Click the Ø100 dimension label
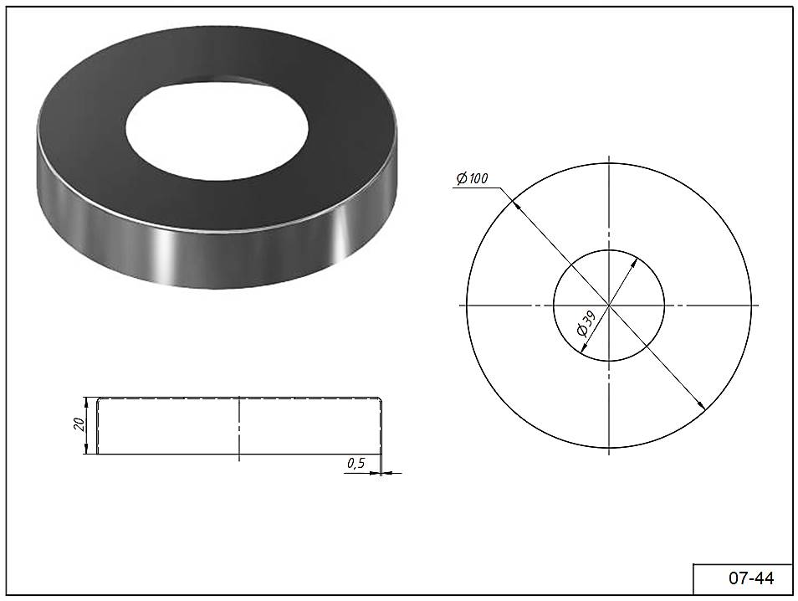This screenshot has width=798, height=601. coord(472,178)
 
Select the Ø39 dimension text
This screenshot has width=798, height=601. coord(586,324)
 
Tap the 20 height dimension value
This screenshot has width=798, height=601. coord(79,424)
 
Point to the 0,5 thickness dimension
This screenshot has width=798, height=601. coord(356,463)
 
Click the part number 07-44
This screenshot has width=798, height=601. coord(751,578)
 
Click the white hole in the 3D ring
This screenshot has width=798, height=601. coord(217,128)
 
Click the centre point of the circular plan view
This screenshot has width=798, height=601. coord(609,306)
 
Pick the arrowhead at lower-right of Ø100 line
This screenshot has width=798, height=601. coord(701,405)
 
